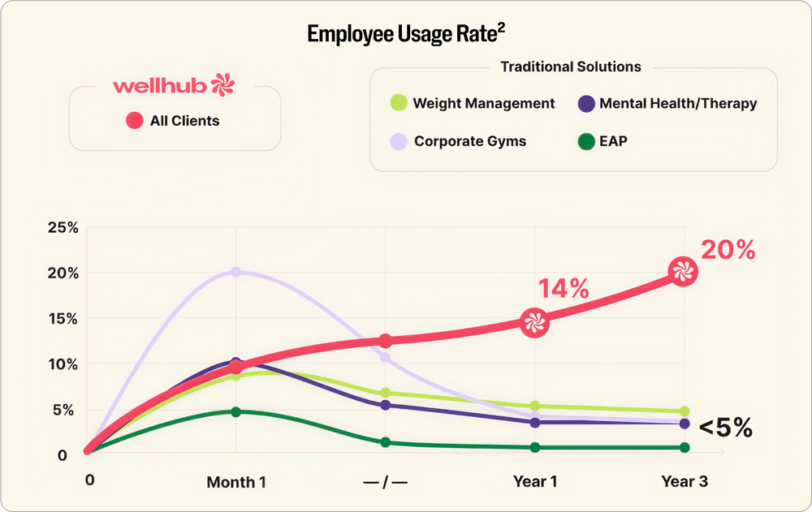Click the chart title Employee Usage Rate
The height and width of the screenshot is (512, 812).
click(x=406, y=34)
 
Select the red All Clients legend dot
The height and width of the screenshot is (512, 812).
click(x=135, y=121)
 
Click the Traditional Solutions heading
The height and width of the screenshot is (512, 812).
click(x=571, y=67)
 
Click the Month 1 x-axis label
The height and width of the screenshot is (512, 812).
click(x=236, y=482)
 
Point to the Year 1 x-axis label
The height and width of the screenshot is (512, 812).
click(x=535, y=481)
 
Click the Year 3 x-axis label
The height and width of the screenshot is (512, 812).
click(x=685, y=481)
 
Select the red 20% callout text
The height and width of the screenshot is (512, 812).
click(x=728, y=251)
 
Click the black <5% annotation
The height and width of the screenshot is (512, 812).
click(x=726, y=428)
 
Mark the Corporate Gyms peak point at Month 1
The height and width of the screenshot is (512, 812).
click(x=235, y=272)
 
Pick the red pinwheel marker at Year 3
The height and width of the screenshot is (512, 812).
click(x=683, y=272)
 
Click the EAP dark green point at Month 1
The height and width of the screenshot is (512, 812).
click(x=235, y=411)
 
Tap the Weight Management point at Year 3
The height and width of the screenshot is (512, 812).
click(x=685, y=411)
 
